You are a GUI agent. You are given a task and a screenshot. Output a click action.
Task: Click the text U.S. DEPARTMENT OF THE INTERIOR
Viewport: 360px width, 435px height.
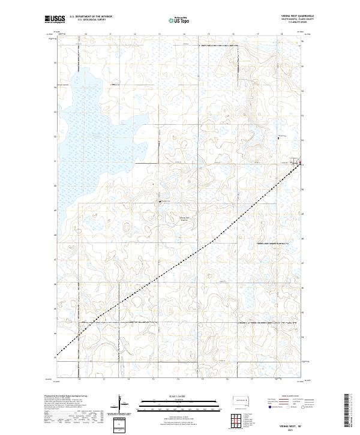click(x=91, y=16)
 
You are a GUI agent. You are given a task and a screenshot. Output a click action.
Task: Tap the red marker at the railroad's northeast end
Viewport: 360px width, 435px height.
click(x=294, y=162)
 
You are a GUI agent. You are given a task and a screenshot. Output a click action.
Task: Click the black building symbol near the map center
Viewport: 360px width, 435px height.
click(x=160, y=202)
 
